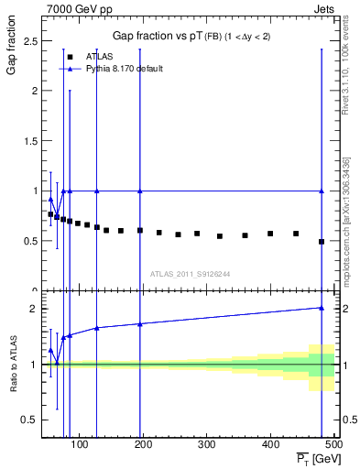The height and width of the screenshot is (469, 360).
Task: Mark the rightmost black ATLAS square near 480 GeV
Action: pyautogui.click(x=322, y=242)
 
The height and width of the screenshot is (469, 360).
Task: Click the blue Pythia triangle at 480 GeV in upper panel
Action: pyautogui.click(x=322, y=191)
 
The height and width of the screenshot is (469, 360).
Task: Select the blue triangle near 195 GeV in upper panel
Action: pyautogui.click(x=140, y=191)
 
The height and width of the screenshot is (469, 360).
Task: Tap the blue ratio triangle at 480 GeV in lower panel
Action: pyautogui.click(x=322, y=308)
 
